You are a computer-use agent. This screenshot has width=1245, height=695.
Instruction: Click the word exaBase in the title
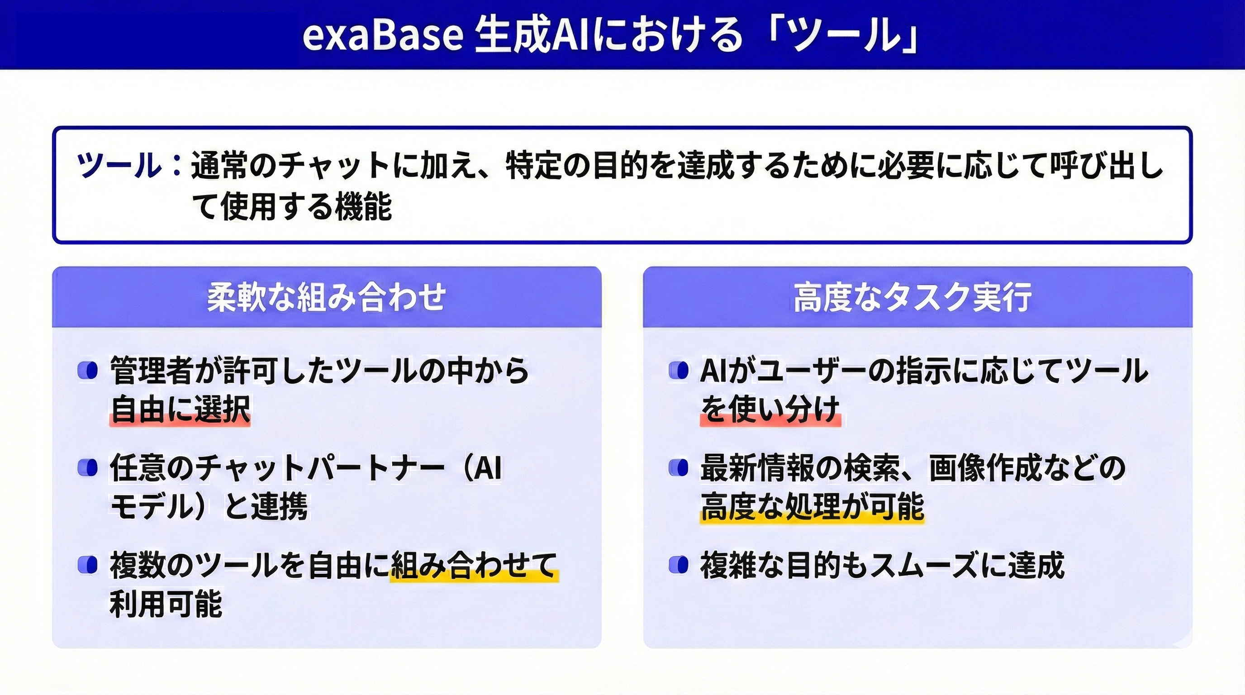(x=383, y=35)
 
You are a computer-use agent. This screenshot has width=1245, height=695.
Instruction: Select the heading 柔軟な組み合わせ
(x=327, y=297)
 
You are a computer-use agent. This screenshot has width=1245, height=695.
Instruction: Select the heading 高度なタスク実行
(x=913, y=297)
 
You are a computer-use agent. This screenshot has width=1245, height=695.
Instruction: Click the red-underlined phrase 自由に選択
(x=180, y=409)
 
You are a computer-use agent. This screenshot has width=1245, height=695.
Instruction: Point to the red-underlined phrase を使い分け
(x=770, y=409)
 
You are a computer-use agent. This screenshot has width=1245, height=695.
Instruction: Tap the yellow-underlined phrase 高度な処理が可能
(x=812, y=506)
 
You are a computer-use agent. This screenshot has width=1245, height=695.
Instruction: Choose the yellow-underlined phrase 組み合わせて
(x=474, y=565)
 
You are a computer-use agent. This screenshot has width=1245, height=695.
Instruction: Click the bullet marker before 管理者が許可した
(x=88, y=371)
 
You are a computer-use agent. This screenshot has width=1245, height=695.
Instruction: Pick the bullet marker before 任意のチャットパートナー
(x=88, y=467)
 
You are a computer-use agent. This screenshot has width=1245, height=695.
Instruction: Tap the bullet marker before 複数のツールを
(x=88, y=565)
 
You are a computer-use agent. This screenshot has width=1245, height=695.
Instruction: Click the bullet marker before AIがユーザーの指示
(x=679, y=371)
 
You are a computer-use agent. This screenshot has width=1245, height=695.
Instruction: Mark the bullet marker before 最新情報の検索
(x=679, y=467)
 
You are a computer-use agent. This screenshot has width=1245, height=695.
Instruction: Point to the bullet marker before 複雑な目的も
(x=679, y=565)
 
